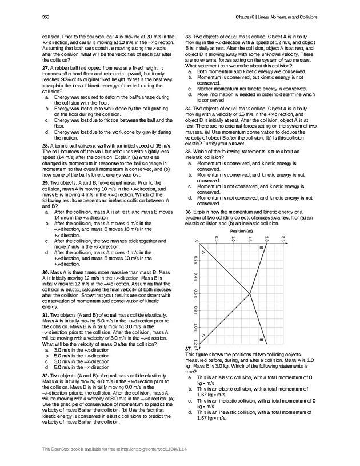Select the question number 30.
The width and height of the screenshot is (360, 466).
(46, 272)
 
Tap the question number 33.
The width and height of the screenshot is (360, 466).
(189, 36)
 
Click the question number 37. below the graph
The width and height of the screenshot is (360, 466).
(189, 348)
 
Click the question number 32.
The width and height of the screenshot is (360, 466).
(46, 375)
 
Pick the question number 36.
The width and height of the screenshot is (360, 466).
(189, 212)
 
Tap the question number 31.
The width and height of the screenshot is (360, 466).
(46, 315)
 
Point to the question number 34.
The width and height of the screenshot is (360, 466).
(189, 107)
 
